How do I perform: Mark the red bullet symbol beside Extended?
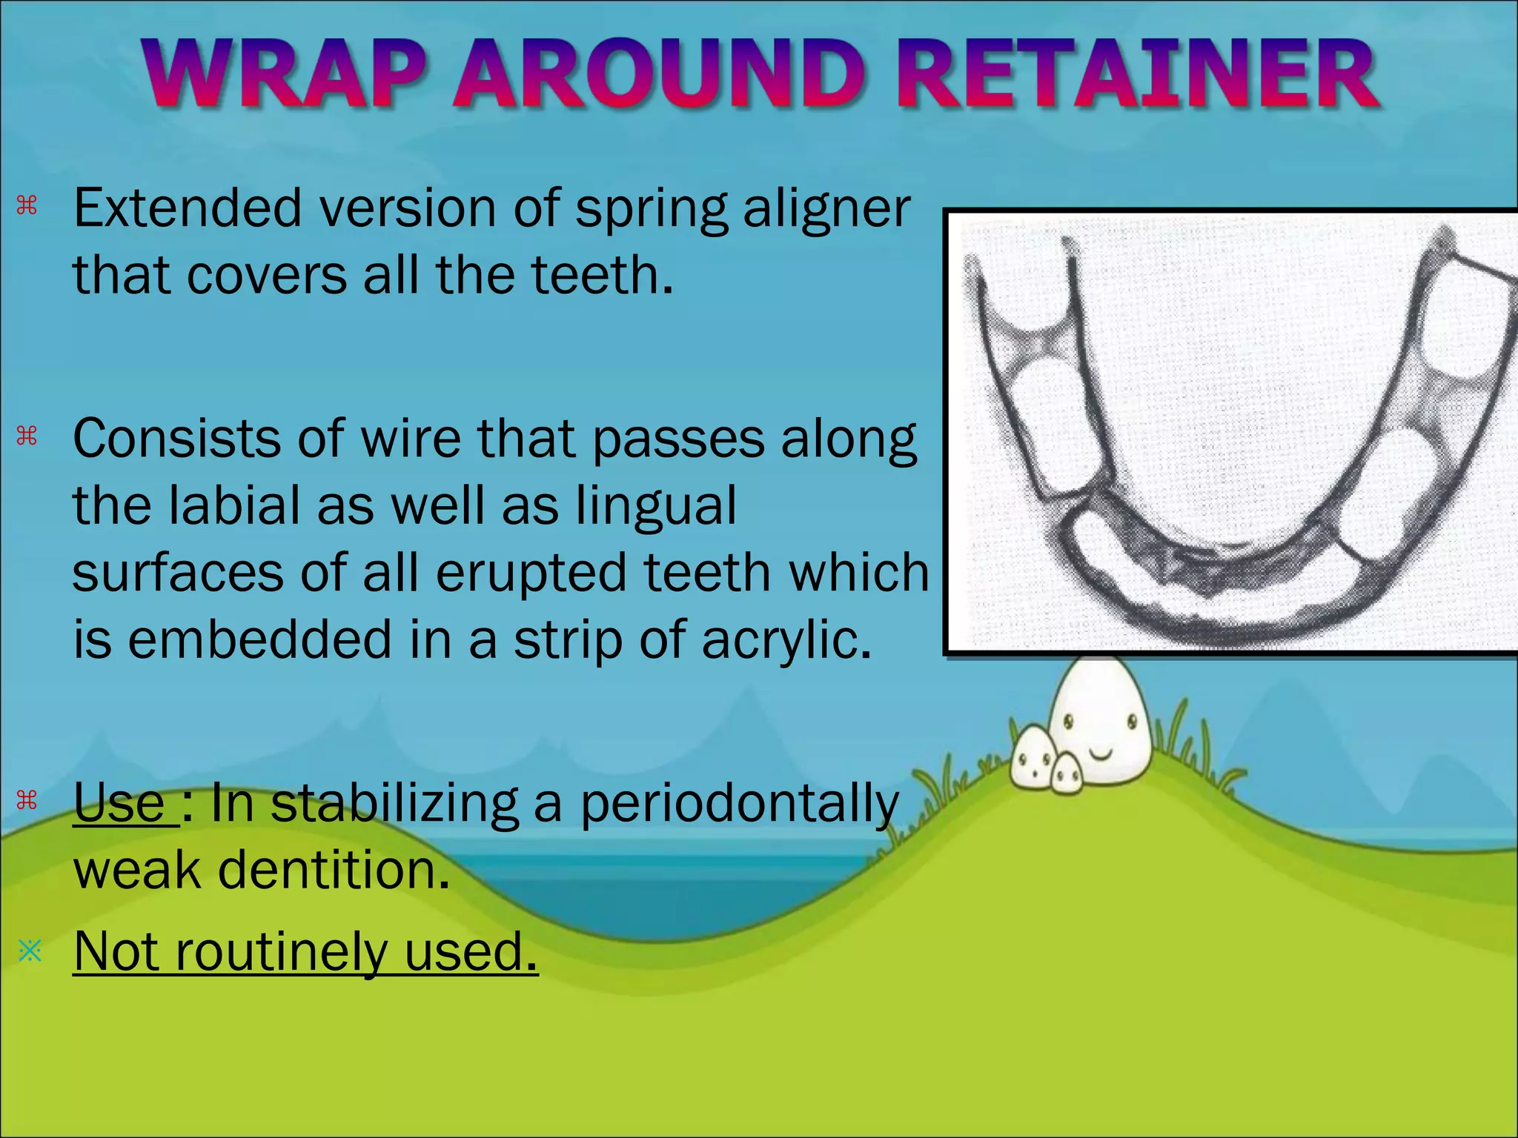click(27, 205)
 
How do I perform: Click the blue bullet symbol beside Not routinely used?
click(30, 951)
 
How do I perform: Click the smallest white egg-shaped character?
click(1067, 774)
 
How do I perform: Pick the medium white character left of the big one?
click(1033, 757)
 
